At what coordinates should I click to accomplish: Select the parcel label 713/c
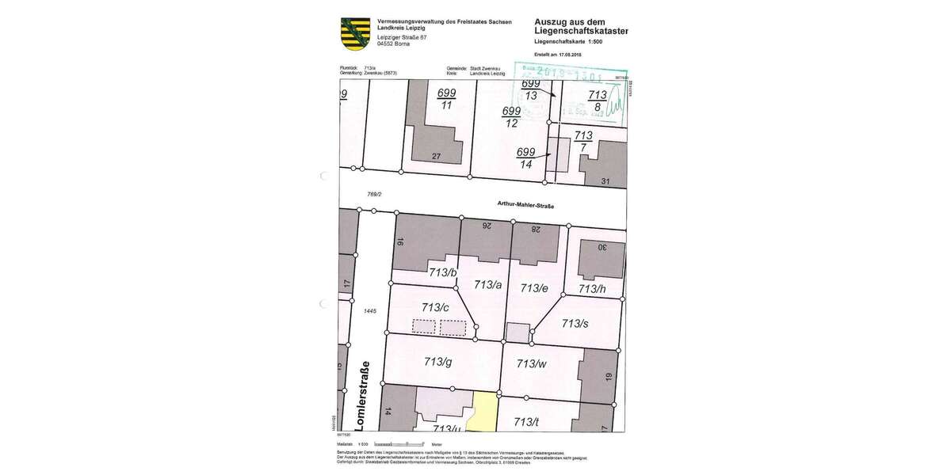436,307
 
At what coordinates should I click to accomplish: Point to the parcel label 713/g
437,362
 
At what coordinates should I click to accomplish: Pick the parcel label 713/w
531,363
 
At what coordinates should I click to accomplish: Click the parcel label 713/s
575,323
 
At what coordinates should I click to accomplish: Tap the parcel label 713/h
592,289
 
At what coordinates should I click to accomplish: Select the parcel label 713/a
488,284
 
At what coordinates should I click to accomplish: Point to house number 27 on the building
436,156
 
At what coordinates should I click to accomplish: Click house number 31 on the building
606,181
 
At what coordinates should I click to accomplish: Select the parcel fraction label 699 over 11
446,99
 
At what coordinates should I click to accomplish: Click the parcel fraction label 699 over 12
511,116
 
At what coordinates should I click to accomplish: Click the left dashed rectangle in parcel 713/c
424,326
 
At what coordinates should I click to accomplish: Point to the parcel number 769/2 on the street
374,193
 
